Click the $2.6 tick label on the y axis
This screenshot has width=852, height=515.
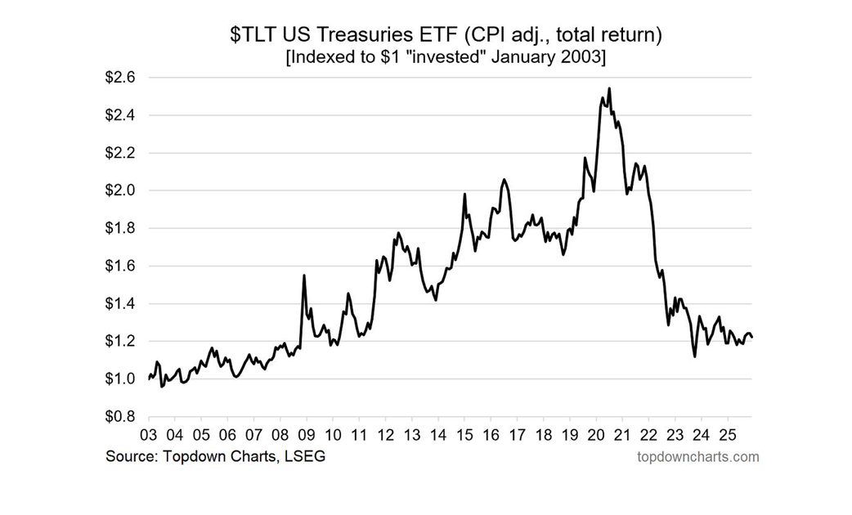[x=120, y=78]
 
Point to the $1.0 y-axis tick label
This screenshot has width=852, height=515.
[x=120, y=378]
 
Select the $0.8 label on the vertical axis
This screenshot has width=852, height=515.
[x=120, y=416]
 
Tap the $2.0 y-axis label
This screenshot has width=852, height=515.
[x=120, y=190]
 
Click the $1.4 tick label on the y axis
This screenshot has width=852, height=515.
[x=120, y=303]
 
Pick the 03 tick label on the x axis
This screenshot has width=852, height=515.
[x=148, y=434]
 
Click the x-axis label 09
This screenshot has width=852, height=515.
[x=306, y=434]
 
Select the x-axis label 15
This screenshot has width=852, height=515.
[x=464, y=434]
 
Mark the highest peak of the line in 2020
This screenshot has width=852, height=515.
[x=609, y=88]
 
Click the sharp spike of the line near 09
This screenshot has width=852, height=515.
[x=304, y=275]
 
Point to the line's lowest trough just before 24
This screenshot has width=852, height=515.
[x=694, y=356]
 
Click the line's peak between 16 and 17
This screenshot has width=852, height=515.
[x=504, y=179]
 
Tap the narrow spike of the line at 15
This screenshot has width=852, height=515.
[x=464, y=195]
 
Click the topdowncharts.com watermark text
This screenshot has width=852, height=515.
[x=697, y=456]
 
